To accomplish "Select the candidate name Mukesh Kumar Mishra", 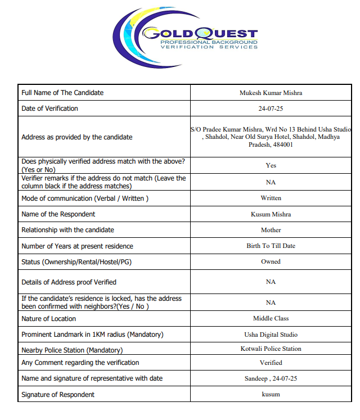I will coord(271,93).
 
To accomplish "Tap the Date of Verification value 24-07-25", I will coord(271,109).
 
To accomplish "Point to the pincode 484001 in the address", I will coord(282,144).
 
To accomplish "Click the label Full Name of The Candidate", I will coord(62,93).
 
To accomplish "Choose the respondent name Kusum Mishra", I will coord(271,214).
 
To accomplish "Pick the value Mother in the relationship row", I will coord(271,230).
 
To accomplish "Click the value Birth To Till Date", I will coord(271,246).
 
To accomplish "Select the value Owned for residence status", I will coord(271,261).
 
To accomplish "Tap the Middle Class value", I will coord(271,318).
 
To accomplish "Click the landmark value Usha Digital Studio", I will coord(271,334).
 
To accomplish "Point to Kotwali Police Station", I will coord(271,349).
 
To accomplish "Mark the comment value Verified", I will coord(271,363).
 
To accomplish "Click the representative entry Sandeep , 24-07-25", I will coord(271,378).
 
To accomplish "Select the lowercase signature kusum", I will coord(271,394).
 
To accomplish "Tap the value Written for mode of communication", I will coord(271,198).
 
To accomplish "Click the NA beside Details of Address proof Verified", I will coord(271,282).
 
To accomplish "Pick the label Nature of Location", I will coord(48,319).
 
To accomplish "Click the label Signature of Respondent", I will coord(58,395).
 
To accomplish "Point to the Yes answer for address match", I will coord(271,165).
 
